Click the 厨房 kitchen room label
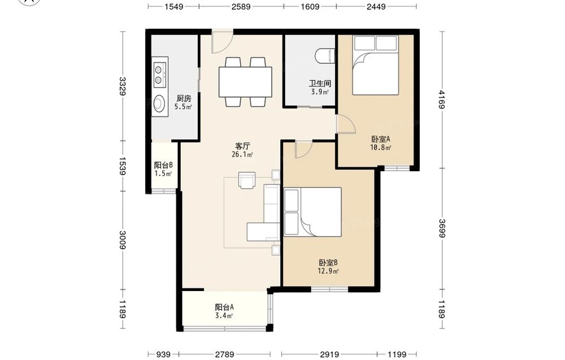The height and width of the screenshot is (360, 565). pos(184,98)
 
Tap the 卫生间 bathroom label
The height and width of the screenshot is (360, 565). pos(320,84)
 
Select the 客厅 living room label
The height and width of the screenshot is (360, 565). pos(242,146)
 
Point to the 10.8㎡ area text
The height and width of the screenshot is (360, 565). pos(381,148)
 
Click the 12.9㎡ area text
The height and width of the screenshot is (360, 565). pos(328,271)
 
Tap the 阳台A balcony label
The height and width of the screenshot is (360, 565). pos(224,307)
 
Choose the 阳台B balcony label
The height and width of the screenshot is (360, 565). pos(163,166)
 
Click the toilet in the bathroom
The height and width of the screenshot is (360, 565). pos(325,56)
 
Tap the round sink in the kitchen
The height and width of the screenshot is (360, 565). pos(159,104)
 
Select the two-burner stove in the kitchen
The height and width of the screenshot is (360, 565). pos(159,75)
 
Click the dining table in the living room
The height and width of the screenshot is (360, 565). pos(245,82)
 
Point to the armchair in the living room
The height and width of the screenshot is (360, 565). pos(247,180)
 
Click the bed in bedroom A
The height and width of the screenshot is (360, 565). pos(376,65)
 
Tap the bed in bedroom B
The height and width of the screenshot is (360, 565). pos(312,212)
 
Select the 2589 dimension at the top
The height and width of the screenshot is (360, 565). pos(241,6)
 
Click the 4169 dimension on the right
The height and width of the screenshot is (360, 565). pos(442,99)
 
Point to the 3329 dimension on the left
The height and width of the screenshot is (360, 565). pos(123,86)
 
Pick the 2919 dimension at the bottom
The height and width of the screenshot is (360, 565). pos(329,354)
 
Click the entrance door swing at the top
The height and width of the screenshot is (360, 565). pos(222,41)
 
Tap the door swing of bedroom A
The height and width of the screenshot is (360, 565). pos(346,124)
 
